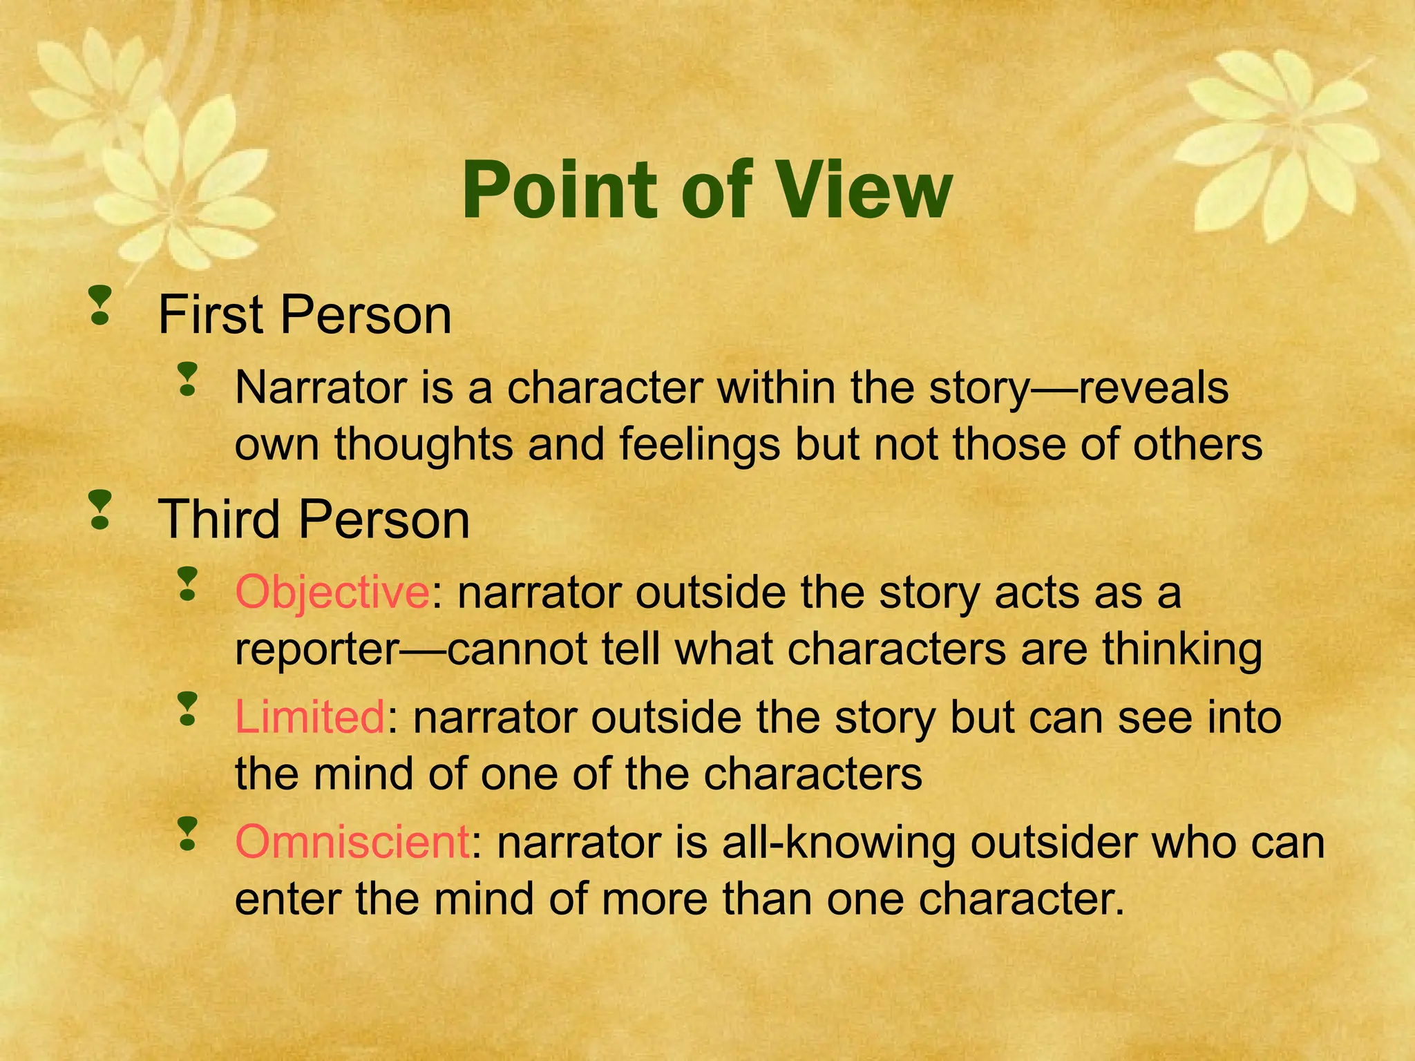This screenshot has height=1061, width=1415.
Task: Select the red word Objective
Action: coord(332,593)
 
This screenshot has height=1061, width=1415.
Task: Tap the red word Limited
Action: coord(310,717)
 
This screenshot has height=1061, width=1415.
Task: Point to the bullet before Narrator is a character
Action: coord(187,380)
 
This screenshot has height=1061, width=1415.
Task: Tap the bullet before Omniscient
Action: coord(187,834)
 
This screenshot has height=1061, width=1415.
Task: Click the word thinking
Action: coord(1181,649)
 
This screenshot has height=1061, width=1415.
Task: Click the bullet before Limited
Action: coord(187,709)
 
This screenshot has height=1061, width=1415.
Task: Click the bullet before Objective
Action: coord(187,584)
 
